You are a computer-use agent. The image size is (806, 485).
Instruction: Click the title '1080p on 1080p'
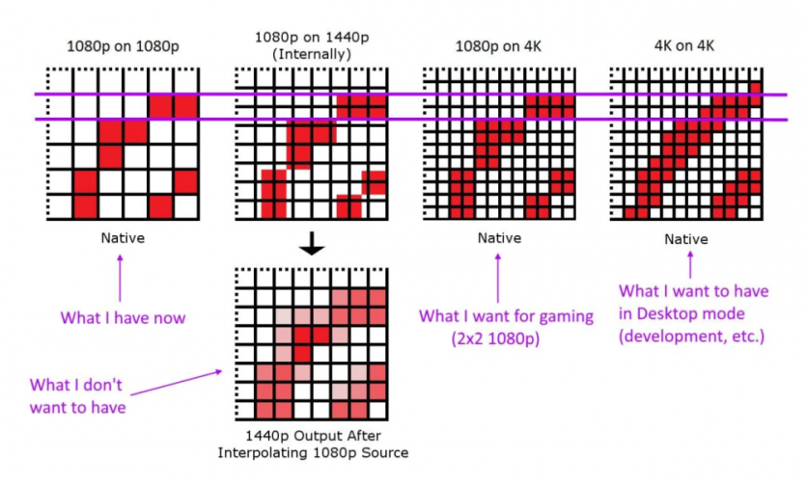coord(122,45)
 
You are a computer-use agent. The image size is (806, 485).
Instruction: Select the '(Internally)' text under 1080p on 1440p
coord(310,54)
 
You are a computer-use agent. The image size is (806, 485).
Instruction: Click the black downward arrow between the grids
coord(310,247)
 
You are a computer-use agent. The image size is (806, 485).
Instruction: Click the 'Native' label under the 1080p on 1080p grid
coord(121,237)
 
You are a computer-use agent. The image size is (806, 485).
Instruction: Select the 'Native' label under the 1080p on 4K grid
coord(498,237)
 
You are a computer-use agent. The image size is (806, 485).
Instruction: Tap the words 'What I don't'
coord(77,385)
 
